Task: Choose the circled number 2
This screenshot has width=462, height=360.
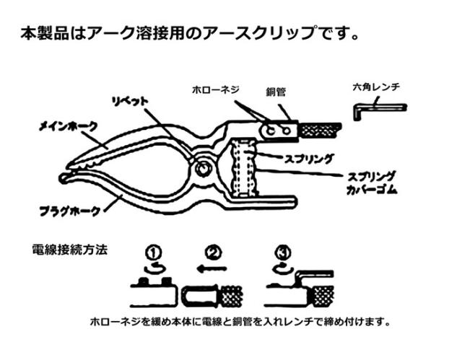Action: point(213,253)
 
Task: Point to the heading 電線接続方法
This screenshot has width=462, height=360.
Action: point(70,251)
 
